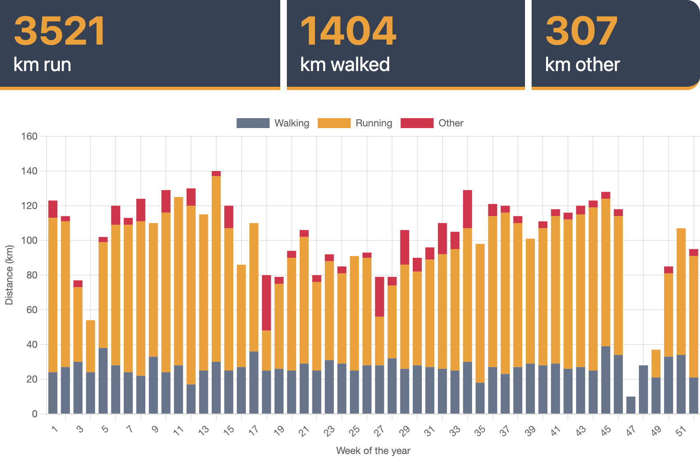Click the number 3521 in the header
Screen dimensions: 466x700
click(x=60, y=31)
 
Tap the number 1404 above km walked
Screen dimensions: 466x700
click(x=348, y=31)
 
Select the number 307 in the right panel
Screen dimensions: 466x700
click(x=581, y=31)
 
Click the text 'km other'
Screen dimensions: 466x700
click(x=582, y=65)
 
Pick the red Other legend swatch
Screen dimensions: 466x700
click(x=417, y=123)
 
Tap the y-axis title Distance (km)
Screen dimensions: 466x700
click(x=9, y=275)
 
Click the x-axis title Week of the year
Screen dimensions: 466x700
click(x=373, y=451)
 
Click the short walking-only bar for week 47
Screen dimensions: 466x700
click(x=631, y=405)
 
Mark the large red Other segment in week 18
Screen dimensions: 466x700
click(x=267, y=303)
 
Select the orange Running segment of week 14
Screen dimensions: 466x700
click(x=216, y=269)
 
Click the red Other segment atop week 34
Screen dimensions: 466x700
click(x=468, y=209)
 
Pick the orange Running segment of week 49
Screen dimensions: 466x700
click(x=656, y=364)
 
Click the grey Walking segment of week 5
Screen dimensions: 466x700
click(x=103, y=380)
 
